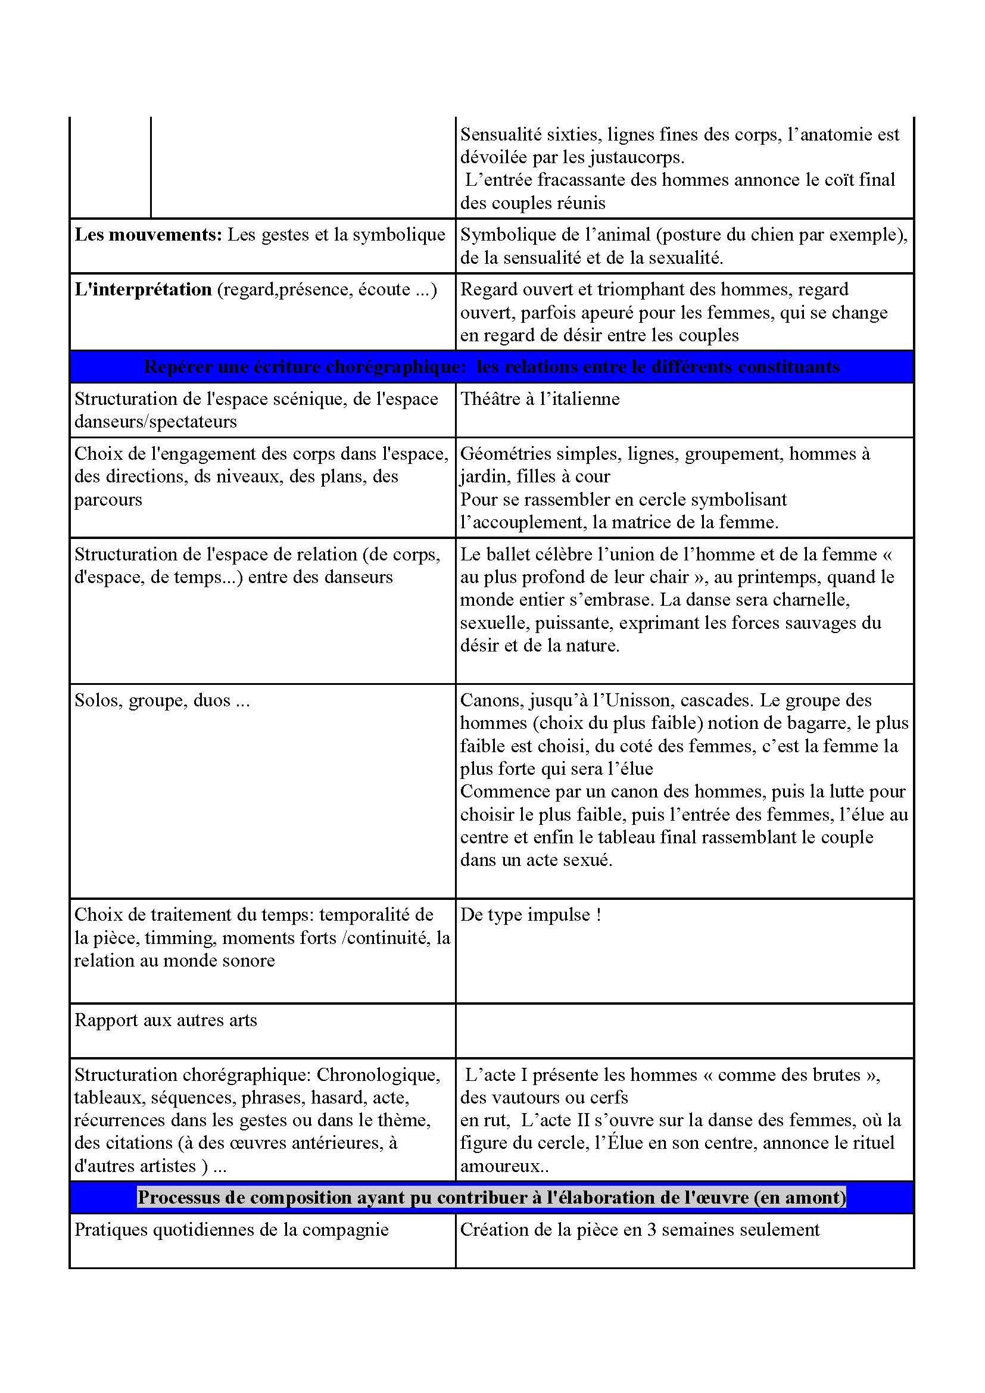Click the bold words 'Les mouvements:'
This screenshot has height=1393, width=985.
click(148, 235)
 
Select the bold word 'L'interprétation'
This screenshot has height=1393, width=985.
click(143, 289)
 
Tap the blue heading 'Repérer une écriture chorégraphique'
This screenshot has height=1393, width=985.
click(307, 367)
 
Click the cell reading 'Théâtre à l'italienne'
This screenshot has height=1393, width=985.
click(540, 399)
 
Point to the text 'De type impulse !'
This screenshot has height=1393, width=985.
click(531, 915)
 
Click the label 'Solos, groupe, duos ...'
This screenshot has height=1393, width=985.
click(162, 701)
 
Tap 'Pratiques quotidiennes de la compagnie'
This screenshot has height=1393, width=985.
click(231, 1230)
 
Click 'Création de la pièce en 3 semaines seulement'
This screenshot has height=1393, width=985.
click(640, 1230)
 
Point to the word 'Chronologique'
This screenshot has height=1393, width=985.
click(378, 1074)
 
